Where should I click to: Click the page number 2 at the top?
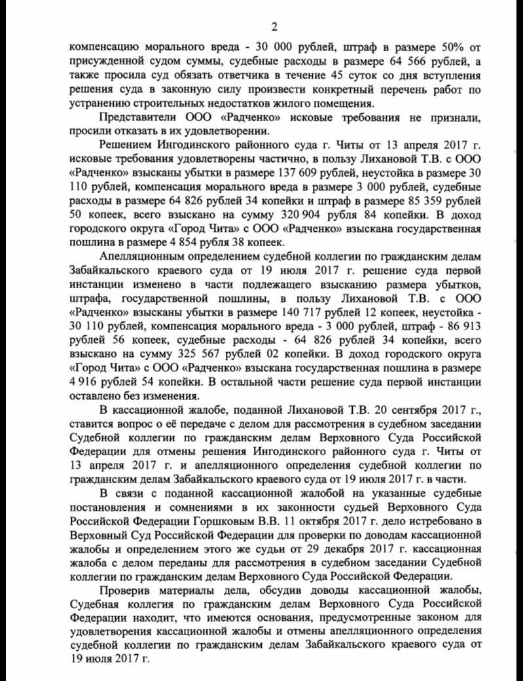click(275, 26)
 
